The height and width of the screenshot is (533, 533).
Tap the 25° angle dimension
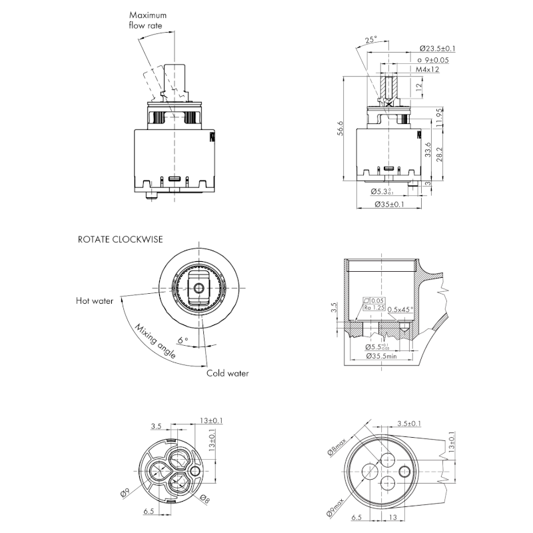(372, 39)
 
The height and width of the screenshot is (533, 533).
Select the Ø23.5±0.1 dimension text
(438, 49)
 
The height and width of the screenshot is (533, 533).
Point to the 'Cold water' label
(227, 373)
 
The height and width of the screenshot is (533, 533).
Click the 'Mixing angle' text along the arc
(155, 342)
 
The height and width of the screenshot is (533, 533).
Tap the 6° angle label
(182, 340)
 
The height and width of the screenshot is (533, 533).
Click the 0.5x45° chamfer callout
(401, 308)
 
